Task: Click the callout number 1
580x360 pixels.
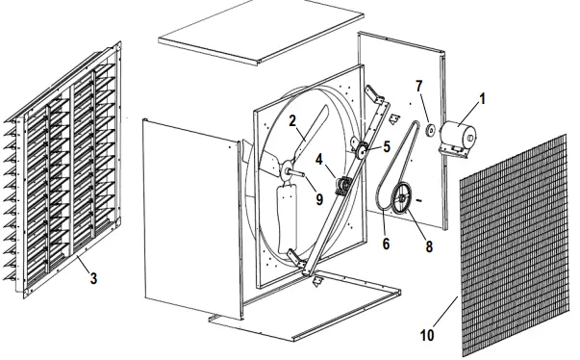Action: [483, 99]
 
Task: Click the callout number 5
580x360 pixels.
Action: [386, 147]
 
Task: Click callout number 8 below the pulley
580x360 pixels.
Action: [428, 245]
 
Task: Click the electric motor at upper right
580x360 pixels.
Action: [461, 136]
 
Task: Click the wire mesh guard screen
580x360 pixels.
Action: [515, 255]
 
